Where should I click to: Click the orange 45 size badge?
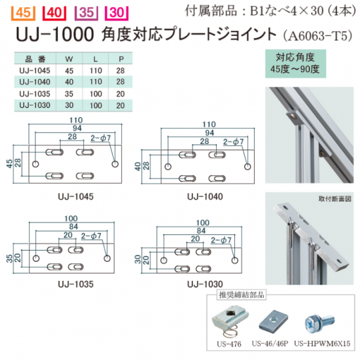click(x=23, y=13)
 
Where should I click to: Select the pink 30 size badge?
click(x=117, y=13)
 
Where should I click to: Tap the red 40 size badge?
click(x=54, y=13)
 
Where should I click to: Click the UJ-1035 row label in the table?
click(x=35, y=94)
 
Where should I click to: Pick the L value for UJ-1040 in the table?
click(x=96, y=82)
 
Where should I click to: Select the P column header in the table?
click(x=121, y=59)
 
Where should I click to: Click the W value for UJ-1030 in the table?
click(x=69, y=105)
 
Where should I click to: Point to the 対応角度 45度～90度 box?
click(x=295, y=63)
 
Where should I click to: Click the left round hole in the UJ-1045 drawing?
click(x=35, y=164)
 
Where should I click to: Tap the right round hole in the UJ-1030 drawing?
click(x=234, y=261)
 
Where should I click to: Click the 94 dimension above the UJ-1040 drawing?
click(x=209, y=133)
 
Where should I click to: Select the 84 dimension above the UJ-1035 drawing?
click(x=73, y=226)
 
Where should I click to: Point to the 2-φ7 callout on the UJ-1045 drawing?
click(x=101, y=138)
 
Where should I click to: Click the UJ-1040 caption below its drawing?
click(x=205, y=196)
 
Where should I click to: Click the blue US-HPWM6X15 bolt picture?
click(x=319, y=322)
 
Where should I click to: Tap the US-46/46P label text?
click(x=270, y=344)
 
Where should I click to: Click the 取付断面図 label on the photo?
click(x=334, y=199)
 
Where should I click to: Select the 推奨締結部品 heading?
click(x=242, y=295)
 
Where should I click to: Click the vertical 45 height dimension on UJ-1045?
click(x=10, y=164)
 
